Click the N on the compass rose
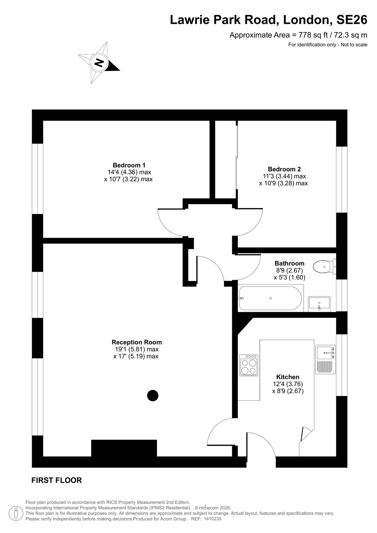click(x=99, y=63)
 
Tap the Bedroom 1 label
click(x=129, y=165)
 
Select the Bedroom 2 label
click(x=284, y=169)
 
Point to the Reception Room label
click(x=137, y=342)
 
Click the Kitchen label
click(x=288, y=377)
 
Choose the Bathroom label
click(x=289, y=263)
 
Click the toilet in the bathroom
click(x=324, y=266)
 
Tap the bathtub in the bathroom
click(x=270, y=298)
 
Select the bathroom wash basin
click(x=319, y=304)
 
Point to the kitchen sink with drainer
click(x=325, y=359)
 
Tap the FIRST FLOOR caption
click(x=57, y=480)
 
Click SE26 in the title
click(x=352, y=20)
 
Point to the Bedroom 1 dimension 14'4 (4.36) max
click(x=129, y=172)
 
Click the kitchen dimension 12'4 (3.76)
click(x=288, y=384)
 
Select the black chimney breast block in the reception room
click(x=124, y=448)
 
